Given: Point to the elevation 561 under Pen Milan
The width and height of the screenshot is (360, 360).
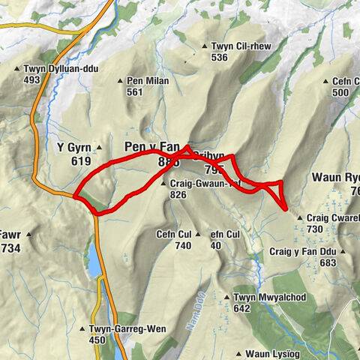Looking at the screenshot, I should (x=135, y=92).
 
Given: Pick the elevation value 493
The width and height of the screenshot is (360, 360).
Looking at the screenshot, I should (x=31, y=80).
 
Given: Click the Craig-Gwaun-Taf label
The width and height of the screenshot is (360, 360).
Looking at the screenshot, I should (x=203, y=183).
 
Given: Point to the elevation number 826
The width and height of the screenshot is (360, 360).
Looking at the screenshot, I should (x=178, y=194).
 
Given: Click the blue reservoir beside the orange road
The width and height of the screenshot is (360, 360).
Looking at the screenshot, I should (x=94, y=261).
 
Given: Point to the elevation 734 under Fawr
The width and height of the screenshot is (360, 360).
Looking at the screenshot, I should (x=10, y=247).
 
